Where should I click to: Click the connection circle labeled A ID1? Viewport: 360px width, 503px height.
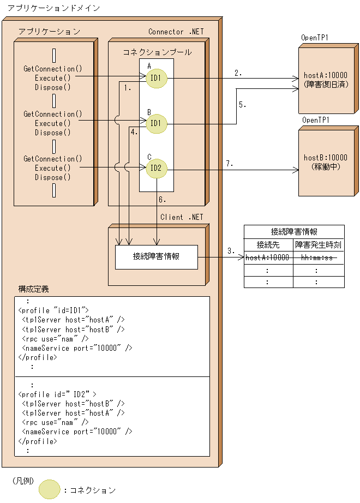tap(156, 78)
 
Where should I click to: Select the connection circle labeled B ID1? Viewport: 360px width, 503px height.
tap(156, 123)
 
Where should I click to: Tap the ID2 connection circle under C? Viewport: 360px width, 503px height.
tap(156, 168)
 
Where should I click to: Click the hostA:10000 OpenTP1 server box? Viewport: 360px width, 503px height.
tap(326, 80)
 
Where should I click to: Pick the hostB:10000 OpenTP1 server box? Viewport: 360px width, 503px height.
tap(326, 162)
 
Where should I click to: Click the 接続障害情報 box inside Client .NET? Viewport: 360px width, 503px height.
tap(156, 256)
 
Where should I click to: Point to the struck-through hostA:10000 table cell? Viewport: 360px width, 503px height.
tap(268, 258)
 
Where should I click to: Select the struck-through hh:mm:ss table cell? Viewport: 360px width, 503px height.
tap(318, 258)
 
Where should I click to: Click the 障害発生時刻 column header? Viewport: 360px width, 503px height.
tap(318, 245)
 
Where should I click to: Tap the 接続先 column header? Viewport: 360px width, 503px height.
tap(268, 245)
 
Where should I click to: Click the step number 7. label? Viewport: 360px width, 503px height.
tap(230, 163)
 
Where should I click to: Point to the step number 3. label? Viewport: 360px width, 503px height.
tap(231, 251)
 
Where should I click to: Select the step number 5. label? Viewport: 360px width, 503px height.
tap(242, 105)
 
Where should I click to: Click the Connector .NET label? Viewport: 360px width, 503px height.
tap(176, 32)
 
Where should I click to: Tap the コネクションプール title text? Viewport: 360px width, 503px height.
tap(157, 52)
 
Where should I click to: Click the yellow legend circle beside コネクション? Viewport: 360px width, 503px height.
tap(50, 489)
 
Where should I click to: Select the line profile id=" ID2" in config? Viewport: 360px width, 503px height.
tap(57, 394)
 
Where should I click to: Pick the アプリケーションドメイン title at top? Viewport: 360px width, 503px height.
tap(46, 9)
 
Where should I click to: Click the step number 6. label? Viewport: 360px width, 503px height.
tap(162, 200)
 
